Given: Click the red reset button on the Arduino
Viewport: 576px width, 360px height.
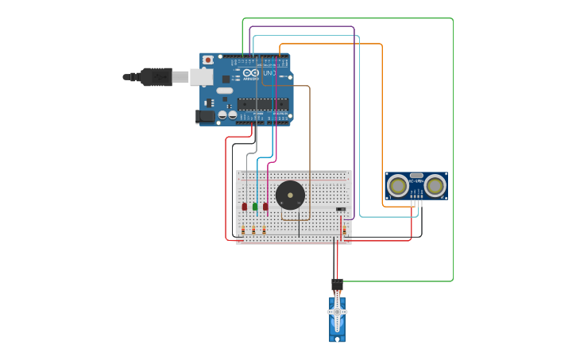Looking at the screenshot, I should [x=208, y=60].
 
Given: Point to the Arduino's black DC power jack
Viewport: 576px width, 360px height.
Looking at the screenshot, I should [x=206, y=116].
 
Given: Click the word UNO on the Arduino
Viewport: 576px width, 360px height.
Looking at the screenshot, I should [x=269, y=73].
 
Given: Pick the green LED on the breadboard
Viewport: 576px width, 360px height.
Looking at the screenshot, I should [x=255, y=207].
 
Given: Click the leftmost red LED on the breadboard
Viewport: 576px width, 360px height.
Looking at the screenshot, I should [x=245, y=207].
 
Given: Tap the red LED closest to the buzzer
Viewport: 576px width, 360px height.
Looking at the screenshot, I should [x=265, y=207].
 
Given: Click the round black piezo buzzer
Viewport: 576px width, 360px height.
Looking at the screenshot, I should [x=290, y=195].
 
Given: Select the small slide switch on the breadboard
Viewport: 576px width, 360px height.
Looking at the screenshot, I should [x=341, y=210].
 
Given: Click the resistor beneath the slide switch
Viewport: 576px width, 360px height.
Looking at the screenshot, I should [x=344, y=230].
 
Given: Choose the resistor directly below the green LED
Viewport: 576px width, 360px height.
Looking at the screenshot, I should [x=254, y=230].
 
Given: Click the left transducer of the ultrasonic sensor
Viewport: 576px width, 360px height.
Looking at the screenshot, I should [x=397, y=186].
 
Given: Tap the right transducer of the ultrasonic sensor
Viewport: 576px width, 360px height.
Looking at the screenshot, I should [x=435, y=186].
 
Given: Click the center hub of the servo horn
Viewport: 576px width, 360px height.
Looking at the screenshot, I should [x=337, y=312].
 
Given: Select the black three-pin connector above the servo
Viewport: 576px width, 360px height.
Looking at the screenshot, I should [x=337, y=284].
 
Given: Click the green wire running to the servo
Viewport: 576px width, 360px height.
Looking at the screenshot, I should [x=453, y=159].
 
